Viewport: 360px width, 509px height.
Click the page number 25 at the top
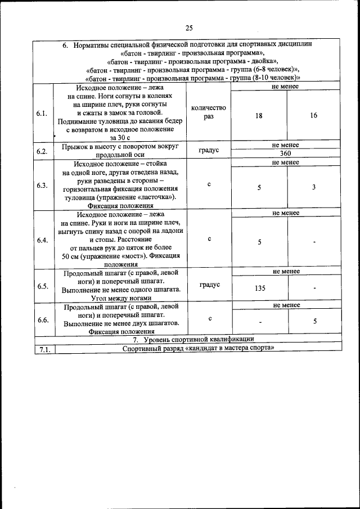(188, 28)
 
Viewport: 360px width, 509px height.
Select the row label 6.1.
(42, 114)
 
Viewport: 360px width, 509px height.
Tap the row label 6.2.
(42, 151)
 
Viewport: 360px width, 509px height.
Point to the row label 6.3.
(42, 186)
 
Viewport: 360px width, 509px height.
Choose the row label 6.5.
(42, 286)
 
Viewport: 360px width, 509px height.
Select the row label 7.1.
(44, 349)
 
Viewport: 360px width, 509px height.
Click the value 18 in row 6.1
(259, 115)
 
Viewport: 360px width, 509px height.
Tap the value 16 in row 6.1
(313, 115)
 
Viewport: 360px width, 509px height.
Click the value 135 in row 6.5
(259, 288)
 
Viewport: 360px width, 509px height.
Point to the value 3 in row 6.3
(313, 187)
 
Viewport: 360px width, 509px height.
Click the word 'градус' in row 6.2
(209, 150)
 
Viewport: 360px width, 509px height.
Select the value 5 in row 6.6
(315, 321)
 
